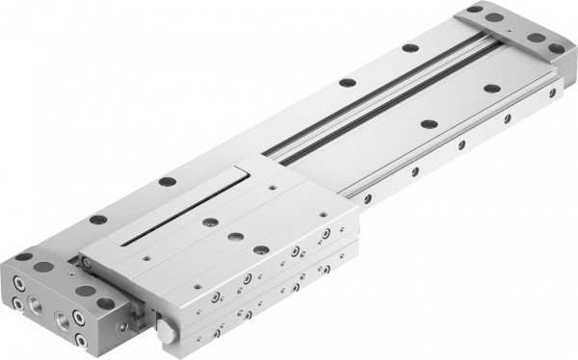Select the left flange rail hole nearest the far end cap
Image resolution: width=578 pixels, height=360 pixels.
tap(409, 47)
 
